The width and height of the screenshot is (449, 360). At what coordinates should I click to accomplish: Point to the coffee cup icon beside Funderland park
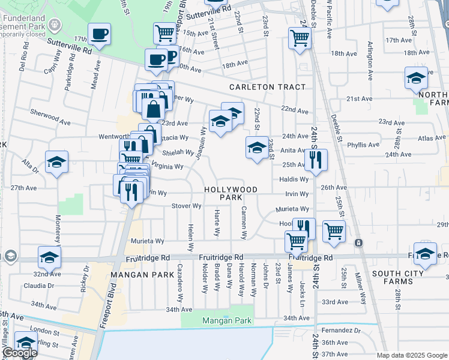pyautogui.click(x=99, y=34)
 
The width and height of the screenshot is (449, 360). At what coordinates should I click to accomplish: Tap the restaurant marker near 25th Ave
pyautogui.click(x=315, y=160)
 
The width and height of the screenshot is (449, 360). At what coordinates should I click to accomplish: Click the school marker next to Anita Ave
pyautogui.click(x=257, y=147)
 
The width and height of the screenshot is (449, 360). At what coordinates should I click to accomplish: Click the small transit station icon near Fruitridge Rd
pyautogui.click(x=358, y=243)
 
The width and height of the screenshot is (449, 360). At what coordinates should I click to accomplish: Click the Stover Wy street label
pyautogui.click(x=186, y=206)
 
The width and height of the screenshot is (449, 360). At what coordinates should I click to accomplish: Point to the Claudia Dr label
pyautogui.click(x=39, y=285)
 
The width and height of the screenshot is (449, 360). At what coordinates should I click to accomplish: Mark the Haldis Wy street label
pyautogui.click(x=294, y=179)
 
